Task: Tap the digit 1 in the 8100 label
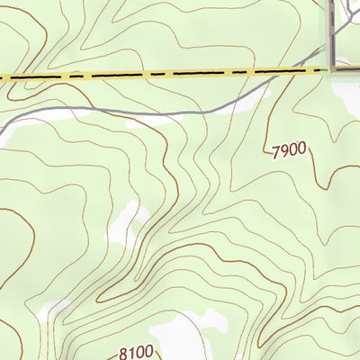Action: [x=131, y=354]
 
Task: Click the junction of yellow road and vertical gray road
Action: [x=333, y=68]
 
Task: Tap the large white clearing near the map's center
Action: [x=126, y=225]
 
